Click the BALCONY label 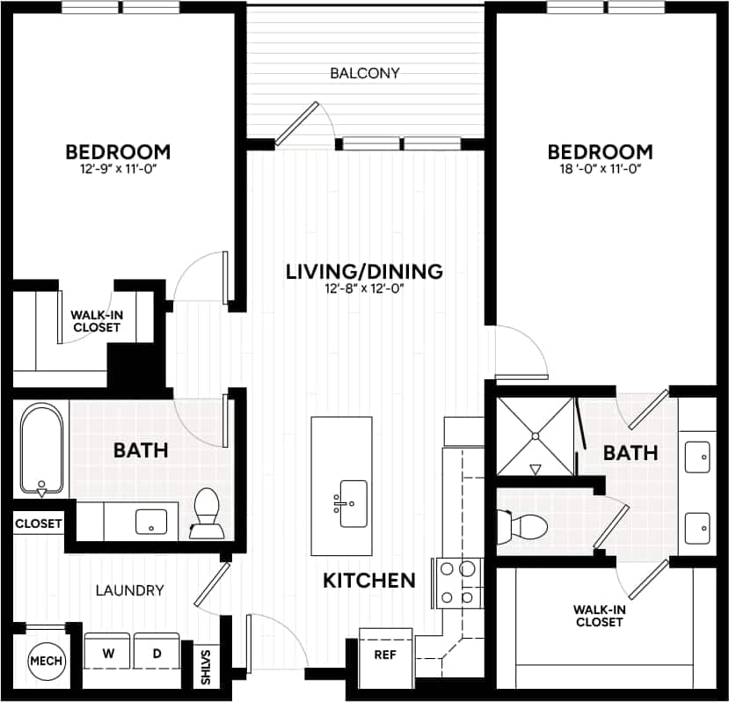click(364, 73)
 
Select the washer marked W click(108, 654)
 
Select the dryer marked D click(157, 654)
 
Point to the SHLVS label click(208, 667)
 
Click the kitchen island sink click(353, 503)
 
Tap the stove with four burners click(457, 582)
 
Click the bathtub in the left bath click(40, 450)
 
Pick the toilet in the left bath click(208, 513)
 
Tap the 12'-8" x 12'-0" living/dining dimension click(363, 289)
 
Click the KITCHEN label click(369, 581)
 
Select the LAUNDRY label click(129, 590)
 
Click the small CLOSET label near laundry click(39, 523)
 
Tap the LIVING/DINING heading click(363, 271)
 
